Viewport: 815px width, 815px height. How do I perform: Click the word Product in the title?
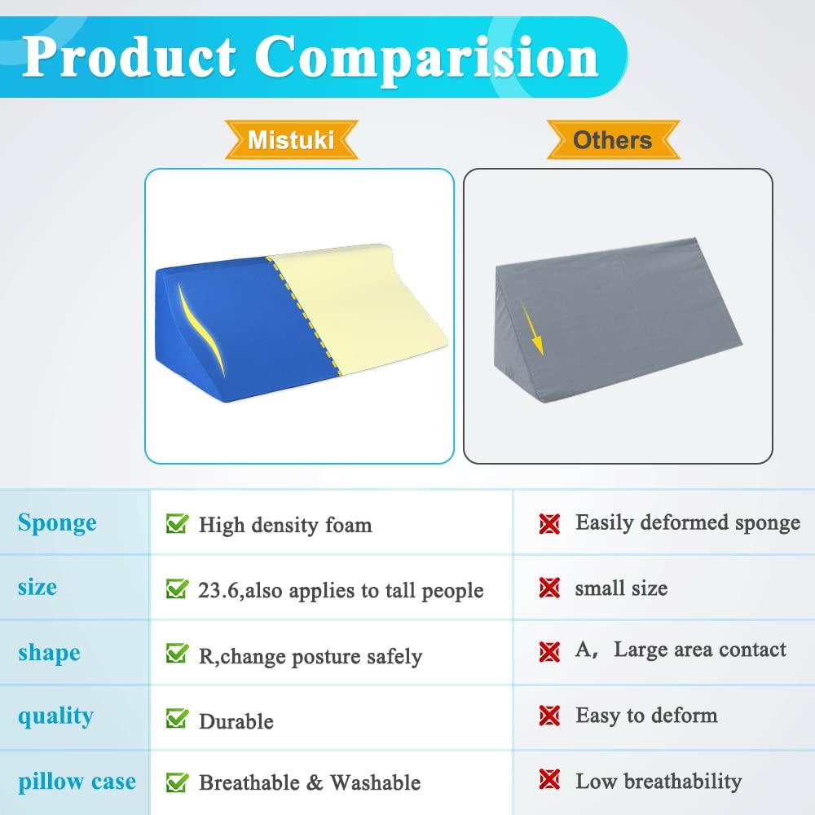click(131, 56)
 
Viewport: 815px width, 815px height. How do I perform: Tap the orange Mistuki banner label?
click(291, 140)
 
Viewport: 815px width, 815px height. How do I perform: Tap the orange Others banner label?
click(612, 140)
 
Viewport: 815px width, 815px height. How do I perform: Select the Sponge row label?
click(57, 522)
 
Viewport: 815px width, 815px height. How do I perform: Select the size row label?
click(37, 587)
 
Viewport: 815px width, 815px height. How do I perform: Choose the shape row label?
click(49, 652)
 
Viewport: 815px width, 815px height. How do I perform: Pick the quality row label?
click(55, 716)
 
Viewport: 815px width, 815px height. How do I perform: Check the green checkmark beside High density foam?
click(177, 523)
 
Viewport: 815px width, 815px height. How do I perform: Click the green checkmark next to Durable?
click(177, 719)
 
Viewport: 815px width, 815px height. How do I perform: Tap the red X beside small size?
click(550, 588)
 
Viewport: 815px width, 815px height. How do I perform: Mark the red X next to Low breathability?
click(550, 781)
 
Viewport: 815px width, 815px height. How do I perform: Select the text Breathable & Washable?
click(310, 783)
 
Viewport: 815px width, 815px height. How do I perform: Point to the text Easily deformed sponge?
click(688, 522)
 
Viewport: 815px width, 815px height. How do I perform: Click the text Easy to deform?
click(646, 716)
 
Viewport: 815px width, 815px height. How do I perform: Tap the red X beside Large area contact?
click(550, 651)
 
